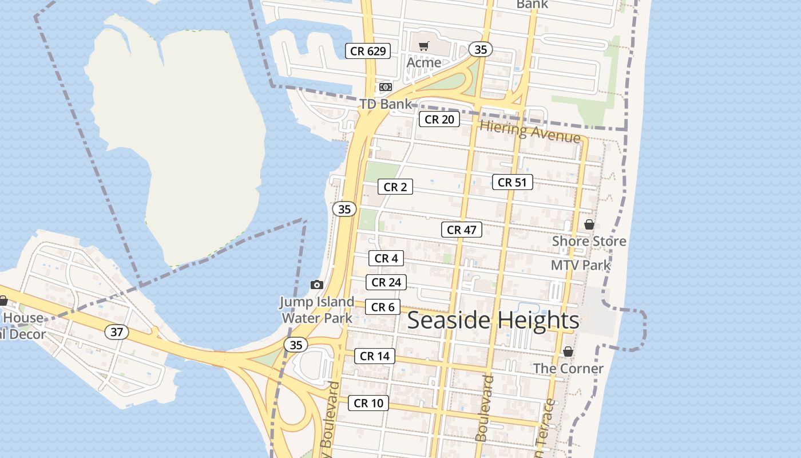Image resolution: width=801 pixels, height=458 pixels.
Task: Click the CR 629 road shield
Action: tap(368, 51)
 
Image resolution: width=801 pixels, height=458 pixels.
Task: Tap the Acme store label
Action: tap(424, 62)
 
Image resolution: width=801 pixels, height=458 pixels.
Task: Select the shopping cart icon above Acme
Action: tap(423, 46)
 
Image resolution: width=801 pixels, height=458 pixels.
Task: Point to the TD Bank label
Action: tap(386, 104)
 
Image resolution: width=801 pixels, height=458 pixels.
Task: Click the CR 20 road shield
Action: tap(439, 119)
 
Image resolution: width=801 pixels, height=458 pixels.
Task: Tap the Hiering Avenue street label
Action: tap(530, 132)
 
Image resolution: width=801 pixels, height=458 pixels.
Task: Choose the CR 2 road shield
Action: tap(395, 187)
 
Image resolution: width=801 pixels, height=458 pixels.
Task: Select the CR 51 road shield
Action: tap(512, 182)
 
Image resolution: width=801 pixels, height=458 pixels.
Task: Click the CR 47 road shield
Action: tap(462, 230)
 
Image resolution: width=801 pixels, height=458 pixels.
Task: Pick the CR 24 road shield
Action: tap(386, 282)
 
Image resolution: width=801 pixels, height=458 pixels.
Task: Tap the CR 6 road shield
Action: tap(383, 307)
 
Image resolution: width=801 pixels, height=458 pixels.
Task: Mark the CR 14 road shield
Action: tap(375, 356)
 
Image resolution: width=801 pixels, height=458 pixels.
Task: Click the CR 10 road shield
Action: tap(368, 403)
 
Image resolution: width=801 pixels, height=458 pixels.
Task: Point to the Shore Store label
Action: tap(589, 242)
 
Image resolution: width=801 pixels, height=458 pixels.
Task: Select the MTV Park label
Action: tap(581, 265)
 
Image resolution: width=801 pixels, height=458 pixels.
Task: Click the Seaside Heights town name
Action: tap(493, 321)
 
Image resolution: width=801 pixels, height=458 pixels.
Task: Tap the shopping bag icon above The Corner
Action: tap(568, 352)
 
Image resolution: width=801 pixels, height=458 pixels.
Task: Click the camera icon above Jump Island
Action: tap(316, 285)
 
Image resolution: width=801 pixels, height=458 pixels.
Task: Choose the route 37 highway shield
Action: tap(117, 331)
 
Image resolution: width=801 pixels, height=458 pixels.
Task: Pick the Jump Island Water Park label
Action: tap(317, 310)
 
